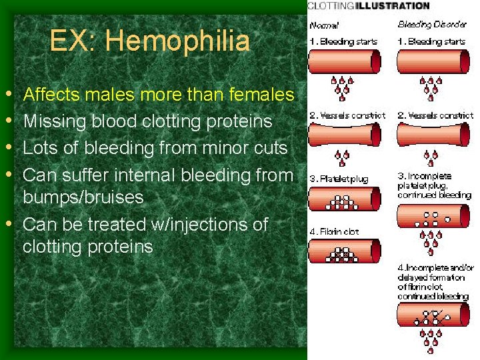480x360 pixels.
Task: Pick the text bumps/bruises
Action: coord(83,198)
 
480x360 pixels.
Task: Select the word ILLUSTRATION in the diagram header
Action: coord(393,6)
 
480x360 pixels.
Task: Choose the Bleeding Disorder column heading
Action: coord(433,25)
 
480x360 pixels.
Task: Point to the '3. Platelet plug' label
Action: coord(338,179)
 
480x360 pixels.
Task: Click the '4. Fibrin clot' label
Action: coord(335,231)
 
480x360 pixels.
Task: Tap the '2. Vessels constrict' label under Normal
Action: coord(347,115)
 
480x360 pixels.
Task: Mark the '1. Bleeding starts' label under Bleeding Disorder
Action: coord(432,41)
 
